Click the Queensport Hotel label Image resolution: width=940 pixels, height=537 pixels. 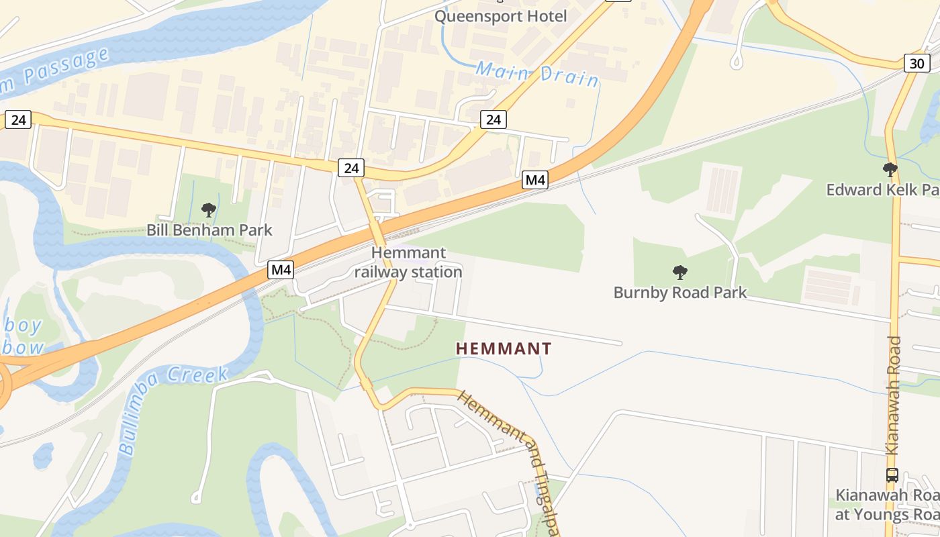[500, 16]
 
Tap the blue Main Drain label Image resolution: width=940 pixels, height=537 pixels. [537, 74]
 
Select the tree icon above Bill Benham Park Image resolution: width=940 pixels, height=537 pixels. [209, 210]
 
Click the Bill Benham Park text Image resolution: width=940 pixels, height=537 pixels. [209, 230]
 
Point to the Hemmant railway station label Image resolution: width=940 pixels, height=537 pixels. [408, 262]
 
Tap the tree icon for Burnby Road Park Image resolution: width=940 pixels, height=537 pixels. [680, 273]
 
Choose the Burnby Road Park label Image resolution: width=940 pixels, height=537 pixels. [680, 293]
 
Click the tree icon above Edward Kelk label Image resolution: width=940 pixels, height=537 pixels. [890, 170]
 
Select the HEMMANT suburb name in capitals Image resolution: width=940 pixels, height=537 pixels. [504, 349]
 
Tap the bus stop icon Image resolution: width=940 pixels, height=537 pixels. [892, 475]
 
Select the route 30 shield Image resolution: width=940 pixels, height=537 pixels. [916, 64]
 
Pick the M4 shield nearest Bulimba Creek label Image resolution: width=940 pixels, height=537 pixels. [281, 270]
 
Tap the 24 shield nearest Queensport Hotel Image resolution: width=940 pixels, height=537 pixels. [493, 119]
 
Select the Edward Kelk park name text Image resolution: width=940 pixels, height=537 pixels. [881, 190]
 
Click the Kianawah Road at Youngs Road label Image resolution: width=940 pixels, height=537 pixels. [886, 505]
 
